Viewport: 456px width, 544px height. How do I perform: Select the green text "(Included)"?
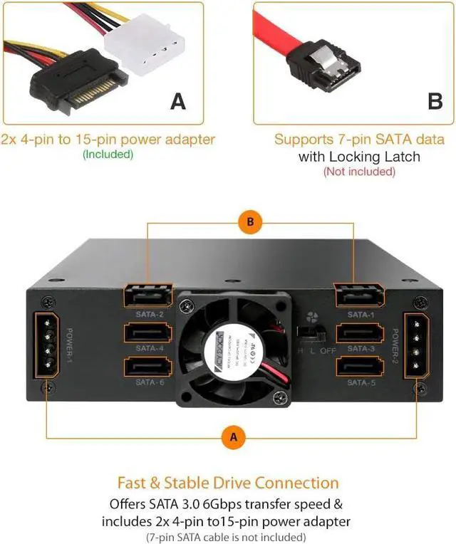pyautogui.click(x=108, y=153)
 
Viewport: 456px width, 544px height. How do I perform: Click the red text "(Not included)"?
pyautogui.click(x=359, y=172)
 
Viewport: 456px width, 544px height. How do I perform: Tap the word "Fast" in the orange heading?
pyautogui.click(x=136, y=483)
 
